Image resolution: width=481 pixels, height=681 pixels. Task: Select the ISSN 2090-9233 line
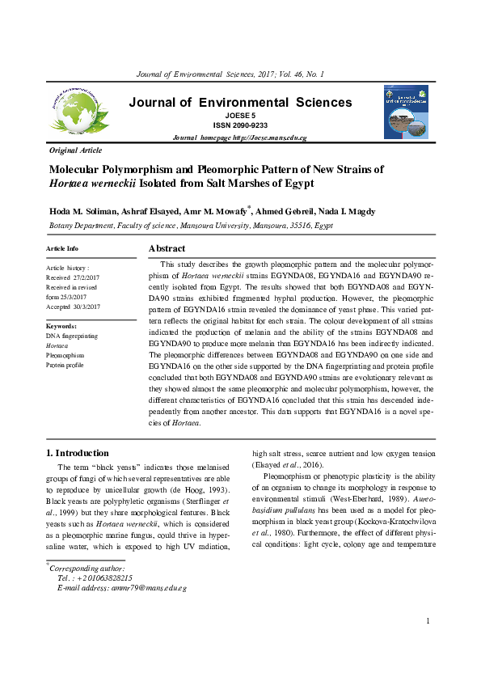(x=239, y=126)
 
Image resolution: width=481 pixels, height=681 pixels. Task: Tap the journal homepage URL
(x=239, y=138)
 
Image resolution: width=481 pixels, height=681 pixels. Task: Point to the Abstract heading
(x=167, y=248)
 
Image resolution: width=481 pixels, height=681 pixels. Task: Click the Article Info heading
(x=62, y=248)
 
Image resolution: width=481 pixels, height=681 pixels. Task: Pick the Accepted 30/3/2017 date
(x=73, y=307)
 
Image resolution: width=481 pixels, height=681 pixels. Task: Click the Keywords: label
(x=61, y=326)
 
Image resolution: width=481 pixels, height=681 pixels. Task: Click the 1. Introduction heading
(x=77, y=453)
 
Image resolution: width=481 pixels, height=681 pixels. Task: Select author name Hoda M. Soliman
(x=78, y=212)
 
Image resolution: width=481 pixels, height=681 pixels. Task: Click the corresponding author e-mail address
(x=149, y=588)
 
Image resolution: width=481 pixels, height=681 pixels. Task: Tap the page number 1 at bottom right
(x=427, y=643)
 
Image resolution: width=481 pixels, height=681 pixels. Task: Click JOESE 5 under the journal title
(x=239, y=116)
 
